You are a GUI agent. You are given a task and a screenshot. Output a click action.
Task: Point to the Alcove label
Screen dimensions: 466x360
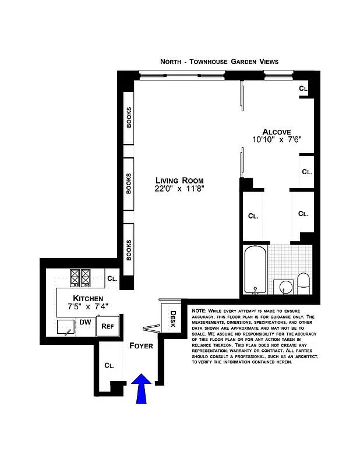click(276, 131)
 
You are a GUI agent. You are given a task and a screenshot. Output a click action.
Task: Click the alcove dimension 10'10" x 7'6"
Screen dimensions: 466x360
click(276, 140)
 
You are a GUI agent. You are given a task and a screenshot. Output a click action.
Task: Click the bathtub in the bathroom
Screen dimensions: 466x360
click(255, 270)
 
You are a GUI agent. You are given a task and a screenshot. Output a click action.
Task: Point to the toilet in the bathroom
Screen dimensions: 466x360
click(303, 283)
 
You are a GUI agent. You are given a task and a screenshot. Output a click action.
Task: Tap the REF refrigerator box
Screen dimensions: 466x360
click(107, 326)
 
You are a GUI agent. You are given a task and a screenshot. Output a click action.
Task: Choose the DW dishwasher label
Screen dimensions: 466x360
click(84, 322)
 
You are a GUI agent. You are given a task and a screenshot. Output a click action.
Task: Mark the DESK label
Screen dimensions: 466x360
click(173, 319)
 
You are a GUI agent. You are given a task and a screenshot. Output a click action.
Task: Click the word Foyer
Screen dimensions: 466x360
click(142, 345)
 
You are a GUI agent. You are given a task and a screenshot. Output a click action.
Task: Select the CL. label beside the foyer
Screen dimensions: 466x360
click(109, 365)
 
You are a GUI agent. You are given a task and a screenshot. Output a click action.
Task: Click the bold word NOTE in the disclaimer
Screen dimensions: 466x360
click(198, 311)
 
